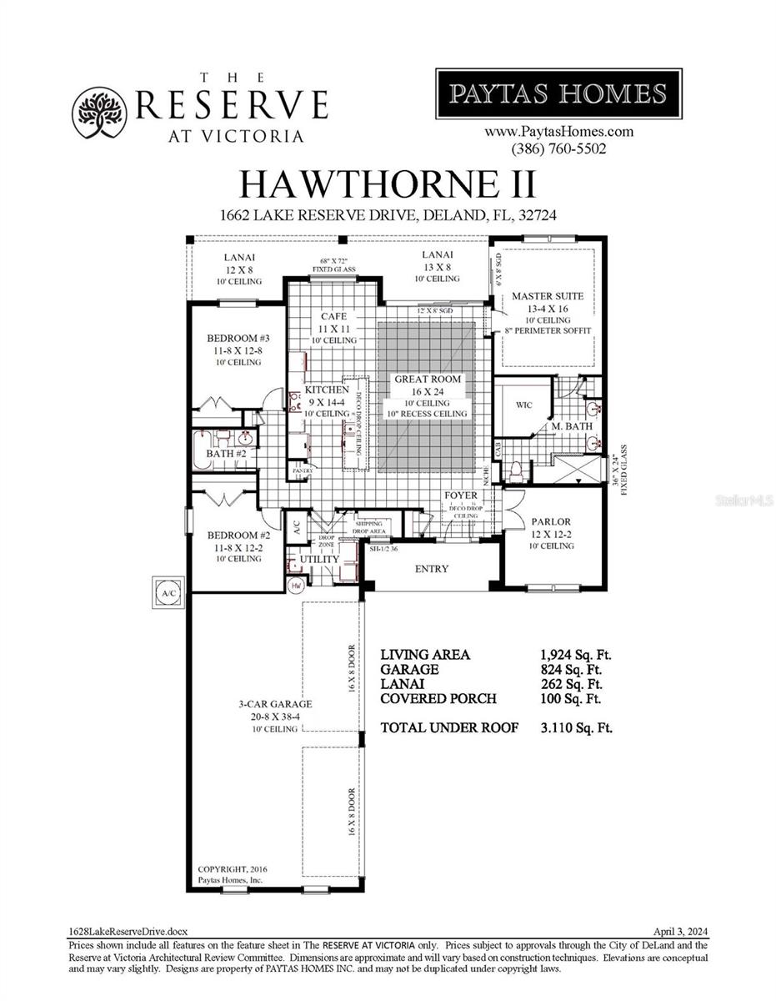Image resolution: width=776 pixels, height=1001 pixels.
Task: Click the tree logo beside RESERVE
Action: pos(100,113)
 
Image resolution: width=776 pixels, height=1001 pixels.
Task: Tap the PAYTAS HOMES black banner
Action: pos(558,93)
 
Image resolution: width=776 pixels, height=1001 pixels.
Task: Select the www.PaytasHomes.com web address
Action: pos(558,132)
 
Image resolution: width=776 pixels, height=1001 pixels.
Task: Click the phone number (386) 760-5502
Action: pos(558,149)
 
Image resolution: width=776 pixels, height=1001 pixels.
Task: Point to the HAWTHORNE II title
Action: pos(388,183)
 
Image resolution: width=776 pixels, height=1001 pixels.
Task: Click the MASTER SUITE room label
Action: pos(548,296)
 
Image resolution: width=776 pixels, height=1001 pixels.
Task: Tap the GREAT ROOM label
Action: pos(428,379)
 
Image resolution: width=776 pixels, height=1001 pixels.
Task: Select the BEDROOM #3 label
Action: pos(238,339)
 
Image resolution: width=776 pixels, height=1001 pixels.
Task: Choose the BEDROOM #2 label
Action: pos(238,536)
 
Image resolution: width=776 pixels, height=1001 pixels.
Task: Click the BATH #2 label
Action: pos(225,454)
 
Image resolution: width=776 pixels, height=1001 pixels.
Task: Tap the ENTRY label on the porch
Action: pos(432,569)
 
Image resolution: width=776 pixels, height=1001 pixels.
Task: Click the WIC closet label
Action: pos(523,405)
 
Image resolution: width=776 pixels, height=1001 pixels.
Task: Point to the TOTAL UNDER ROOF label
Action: pos(449,727)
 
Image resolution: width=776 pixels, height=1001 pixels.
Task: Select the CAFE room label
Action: pos(333,316)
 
